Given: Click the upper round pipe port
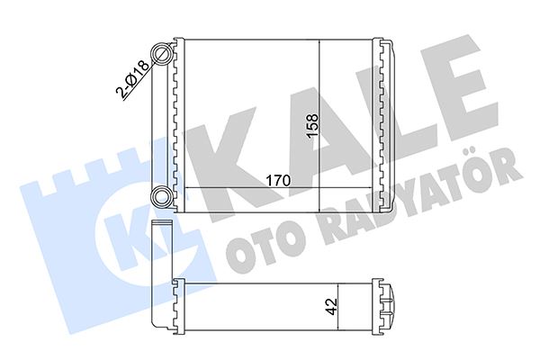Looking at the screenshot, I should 162,55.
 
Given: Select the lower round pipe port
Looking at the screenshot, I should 162,196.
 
